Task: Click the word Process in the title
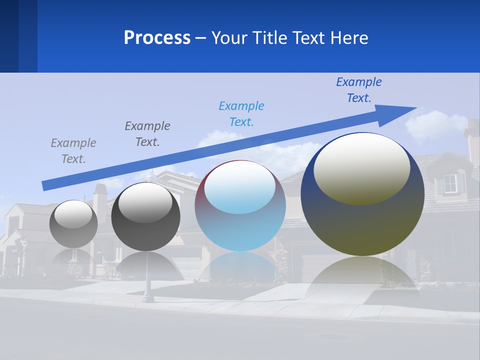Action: tap(157, 38)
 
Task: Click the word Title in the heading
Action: tap(270, 38)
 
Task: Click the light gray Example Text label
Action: tap(73, 151)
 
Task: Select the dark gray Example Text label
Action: tap(147, 134)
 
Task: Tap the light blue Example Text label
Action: tap(241, 114)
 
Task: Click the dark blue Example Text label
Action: tap(359, 90)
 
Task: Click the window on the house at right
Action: tap(450, 183)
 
